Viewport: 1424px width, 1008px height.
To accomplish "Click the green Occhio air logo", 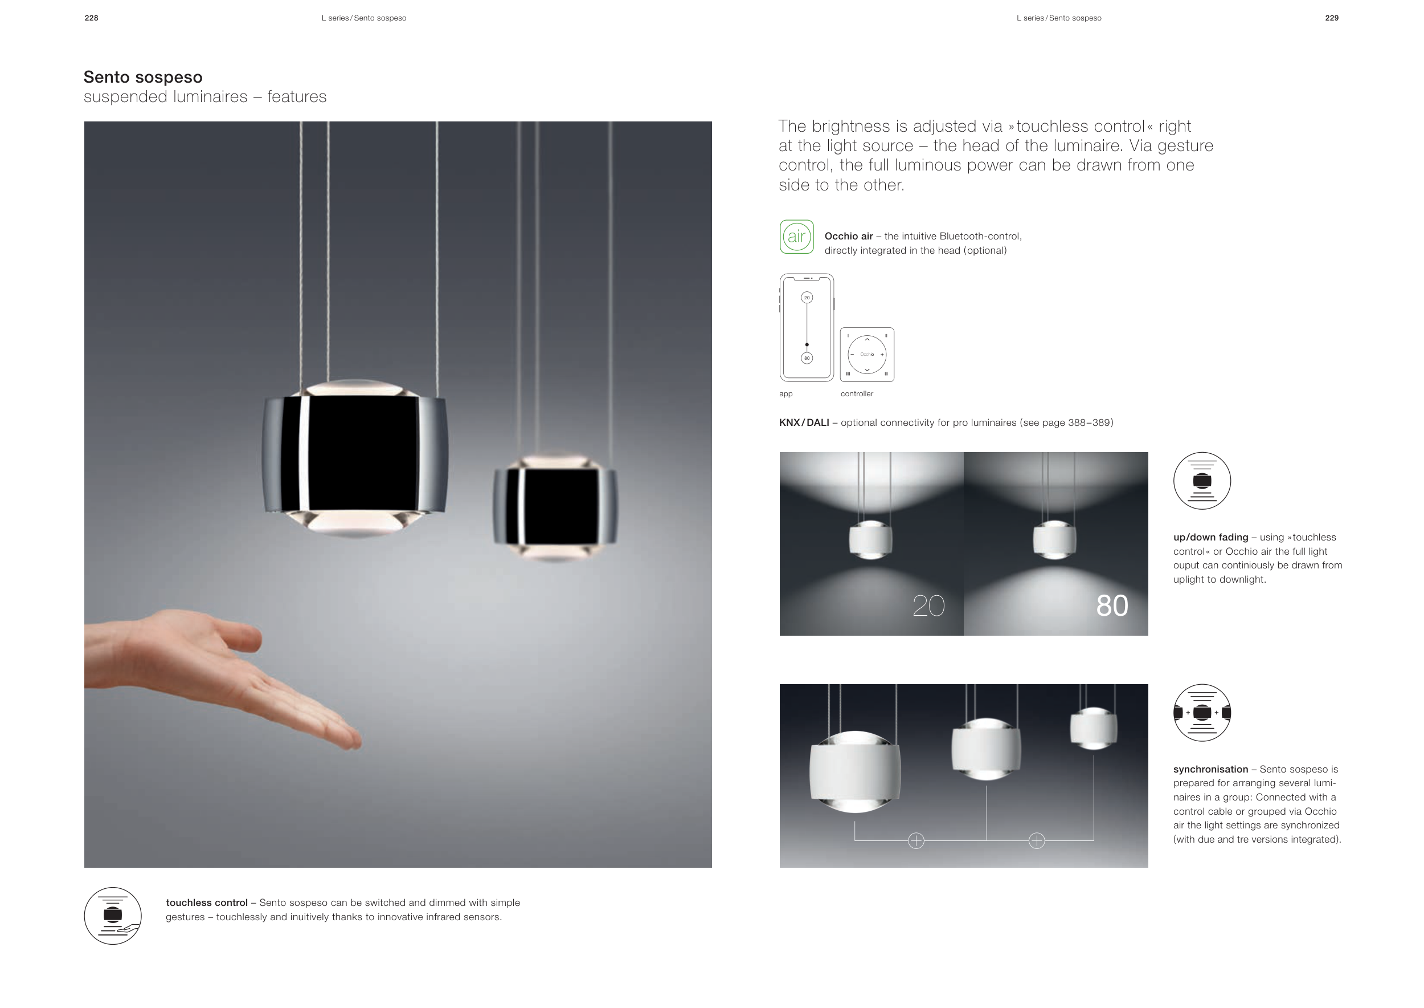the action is coord(796,237).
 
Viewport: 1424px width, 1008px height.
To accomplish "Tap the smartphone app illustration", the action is coord(807,328).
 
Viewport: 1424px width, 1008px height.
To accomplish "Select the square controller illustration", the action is coord(867,355).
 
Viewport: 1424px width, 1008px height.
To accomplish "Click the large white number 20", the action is coord(928,606).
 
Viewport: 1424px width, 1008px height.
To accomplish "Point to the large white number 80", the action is coord(1112,606).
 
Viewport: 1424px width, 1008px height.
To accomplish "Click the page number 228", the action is coord(91,18).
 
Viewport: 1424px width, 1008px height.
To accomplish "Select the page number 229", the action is coord(1332,18).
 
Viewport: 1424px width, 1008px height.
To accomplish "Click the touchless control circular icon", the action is coord(113,916).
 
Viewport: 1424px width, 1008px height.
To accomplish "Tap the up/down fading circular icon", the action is coord(1202,481).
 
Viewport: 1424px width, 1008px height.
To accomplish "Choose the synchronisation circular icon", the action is coord(1202,713).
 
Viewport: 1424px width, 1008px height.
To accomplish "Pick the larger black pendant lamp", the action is coord(354,458).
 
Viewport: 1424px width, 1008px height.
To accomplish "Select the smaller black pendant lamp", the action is coord(555,508).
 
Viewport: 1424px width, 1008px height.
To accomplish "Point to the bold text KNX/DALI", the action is coord(804,422).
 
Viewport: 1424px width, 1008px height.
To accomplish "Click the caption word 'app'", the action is coord(786,394).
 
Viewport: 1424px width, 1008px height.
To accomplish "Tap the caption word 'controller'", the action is coord(857,393).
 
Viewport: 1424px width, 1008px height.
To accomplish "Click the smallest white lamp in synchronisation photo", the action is coord(1094,728).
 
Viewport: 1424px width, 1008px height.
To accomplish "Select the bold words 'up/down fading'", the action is coord(1210,538).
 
